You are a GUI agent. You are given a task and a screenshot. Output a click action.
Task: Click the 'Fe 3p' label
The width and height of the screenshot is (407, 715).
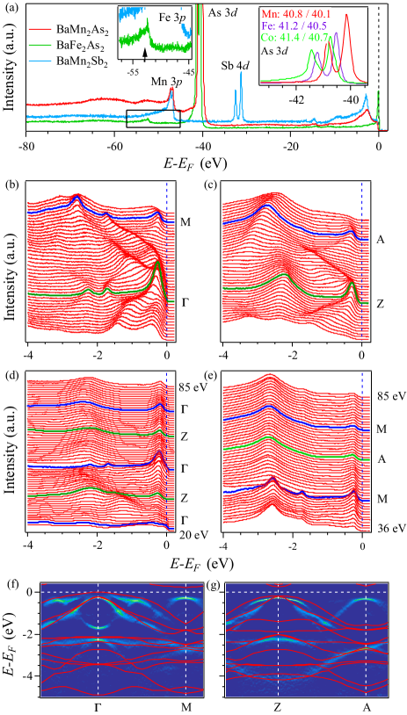click(172, 17)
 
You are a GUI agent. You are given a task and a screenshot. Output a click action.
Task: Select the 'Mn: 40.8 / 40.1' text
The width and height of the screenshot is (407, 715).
click(294, 14)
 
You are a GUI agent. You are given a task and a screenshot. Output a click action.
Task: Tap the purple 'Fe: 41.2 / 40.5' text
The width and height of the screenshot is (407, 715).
click(294, 26)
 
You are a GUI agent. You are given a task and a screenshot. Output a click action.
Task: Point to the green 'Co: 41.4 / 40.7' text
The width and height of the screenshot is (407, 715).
click(294, 39)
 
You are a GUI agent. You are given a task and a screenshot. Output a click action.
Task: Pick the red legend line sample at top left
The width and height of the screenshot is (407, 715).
click(40, 29)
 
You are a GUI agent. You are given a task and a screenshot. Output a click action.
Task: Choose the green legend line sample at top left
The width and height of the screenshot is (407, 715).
click(40, 45)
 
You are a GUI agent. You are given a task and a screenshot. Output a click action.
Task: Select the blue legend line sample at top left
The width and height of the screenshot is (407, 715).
click(40, 61)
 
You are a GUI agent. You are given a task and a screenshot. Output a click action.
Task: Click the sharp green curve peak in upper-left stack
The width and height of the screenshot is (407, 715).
click(157, 265)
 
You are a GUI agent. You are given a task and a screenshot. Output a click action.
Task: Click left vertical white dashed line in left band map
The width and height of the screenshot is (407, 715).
click(98, 641)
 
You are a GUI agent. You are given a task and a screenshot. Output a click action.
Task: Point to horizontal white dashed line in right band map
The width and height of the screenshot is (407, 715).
click(307, 592)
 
